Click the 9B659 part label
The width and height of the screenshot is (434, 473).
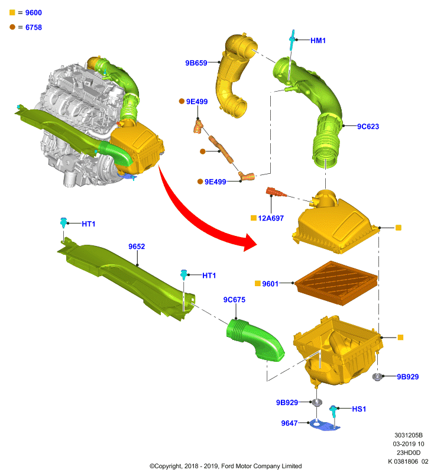196,63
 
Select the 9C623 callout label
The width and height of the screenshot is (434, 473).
368,127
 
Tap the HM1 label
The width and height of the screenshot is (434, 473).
318,40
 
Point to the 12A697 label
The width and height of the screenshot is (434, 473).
271,218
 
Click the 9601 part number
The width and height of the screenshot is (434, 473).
270,284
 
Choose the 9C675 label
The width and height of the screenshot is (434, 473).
234,300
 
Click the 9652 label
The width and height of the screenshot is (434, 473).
137,247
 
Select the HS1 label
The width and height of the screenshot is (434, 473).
359,409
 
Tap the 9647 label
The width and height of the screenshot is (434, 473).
289,423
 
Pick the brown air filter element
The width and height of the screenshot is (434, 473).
336,283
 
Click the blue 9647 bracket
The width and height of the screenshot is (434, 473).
324,425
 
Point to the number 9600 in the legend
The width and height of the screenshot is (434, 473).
34,12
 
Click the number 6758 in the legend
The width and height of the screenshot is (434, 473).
34,27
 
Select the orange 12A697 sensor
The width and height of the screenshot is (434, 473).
276,192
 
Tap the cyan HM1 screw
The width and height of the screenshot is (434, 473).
292,40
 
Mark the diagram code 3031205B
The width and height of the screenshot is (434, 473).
409,435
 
